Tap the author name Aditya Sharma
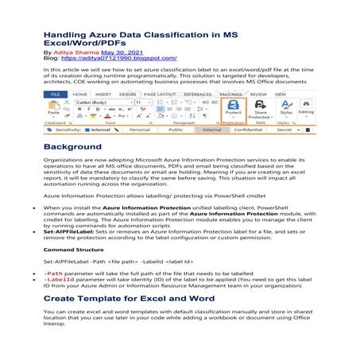tap(72, 52)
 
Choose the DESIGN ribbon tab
tap(128, 95)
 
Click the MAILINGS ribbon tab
tap(230, 95)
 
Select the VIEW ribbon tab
tap(281, 95)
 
